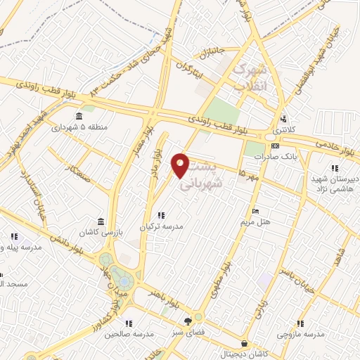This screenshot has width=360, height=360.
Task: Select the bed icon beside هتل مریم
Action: [x=255, y=211]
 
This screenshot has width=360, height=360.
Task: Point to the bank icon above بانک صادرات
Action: [x=275, y=146]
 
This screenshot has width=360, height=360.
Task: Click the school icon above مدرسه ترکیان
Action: [x=161, y=215]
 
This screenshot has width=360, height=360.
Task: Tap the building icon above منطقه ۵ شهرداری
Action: [x=78, y=117]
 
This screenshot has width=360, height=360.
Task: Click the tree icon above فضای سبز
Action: [x=187, y=321]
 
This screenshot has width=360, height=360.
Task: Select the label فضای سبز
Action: [x=187, y=331]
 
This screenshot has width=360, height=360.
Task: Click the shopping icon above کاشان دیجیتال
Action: [x=243, y=344]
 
